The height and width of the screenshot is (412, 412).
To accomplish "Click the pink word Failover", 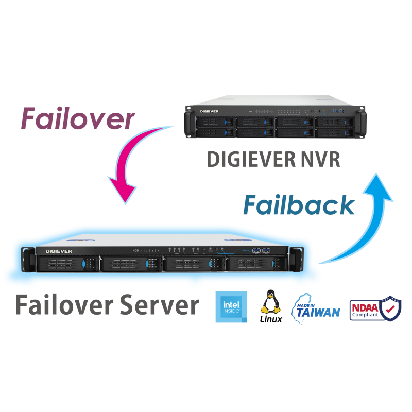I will click(x=77, y=119).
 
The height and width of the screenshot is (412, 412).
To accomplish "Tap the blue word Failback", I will click(x=299, y=205).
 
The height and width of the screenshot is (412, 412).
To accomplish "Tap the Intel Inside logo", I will click(x=231, y=307).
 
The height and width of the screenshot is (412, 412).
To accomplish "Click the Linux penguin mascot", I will click(x=270, y=302).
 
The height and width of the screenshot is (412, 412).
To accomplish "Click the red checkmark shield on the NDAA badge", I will click(x=391, y=308).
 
